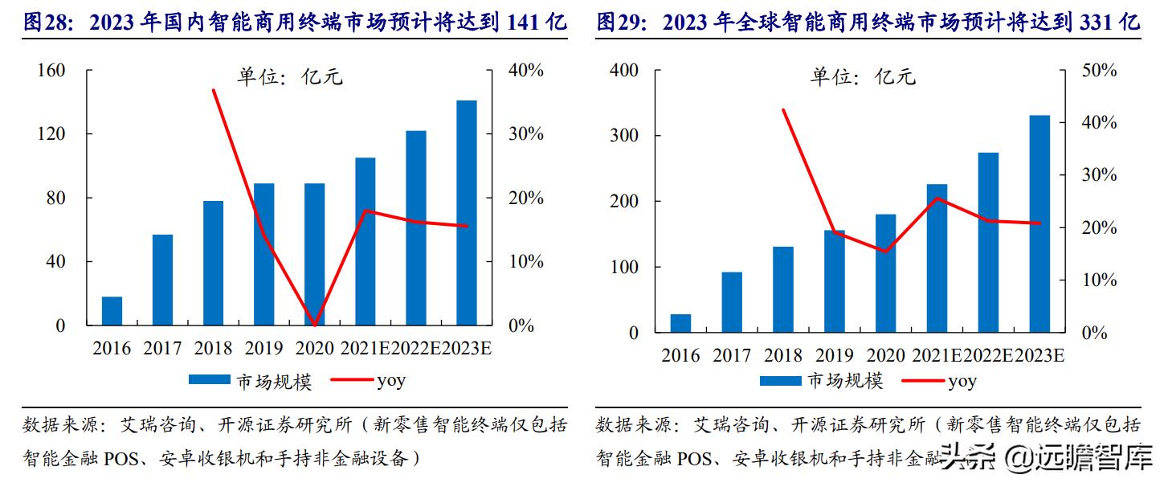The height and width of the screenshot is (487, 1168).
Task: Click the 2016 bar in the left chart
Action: tap(112, 311)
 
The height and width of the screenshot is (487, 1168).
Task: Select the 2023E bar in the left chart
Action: tap(467, 213)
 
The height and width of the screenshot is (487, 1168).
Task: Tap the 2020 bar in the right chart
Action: tap(885, 273)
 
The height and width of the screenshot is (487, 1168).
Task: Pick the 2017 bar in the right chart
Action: tap(732, 302)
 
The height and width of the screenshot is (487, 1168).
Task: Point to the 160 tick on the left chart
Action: tap(51, 71)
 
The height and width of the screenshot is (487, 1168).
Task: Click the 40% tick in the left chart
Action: tap(526, 71)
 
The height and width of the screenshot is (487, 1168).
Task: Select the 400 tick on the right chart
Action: tap(623, 71)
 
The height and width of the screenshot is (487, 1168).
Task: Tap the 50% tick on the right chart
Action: tap(1098, 71)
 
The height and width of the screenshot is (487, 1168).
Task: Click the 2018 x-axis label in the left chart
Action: tap(213, 349)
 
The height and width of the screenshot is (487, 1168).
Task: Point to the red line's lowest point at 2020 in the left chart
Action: tap(315, 325)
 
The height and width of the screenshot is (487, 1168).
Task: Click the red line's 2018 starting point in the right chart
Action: tap(783, 110)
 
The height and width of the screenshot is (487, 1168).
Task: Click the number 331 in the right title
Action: tap(1097, 22)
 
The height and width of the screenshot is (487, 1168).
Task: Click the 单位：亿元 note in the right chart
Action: tap(863, 77)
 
